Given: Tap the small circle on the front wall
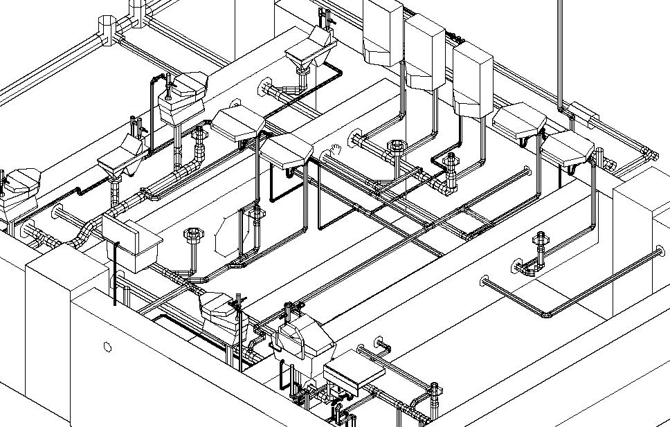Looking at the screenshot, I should (107, 347).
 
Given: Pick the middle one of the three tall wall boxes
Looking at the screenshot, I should (424, 51).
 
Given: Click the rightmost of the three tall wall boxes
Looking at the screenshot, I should (472, 78).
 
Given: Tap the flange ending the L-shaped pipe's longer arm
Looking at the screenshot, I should (485, 281).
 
